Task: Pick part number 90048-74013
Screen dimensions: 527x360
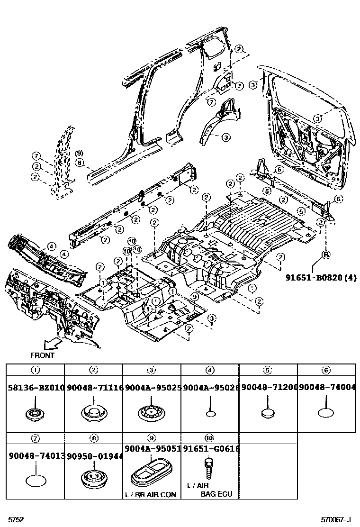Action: coord(36,455)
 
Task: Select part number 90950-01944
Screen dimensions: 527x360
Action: coord(94,455)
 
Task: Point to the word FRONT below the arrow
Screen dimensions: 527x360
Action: coord(42,355)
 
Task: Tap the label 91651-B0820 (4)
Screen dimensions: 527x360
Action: coord(321,277)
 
